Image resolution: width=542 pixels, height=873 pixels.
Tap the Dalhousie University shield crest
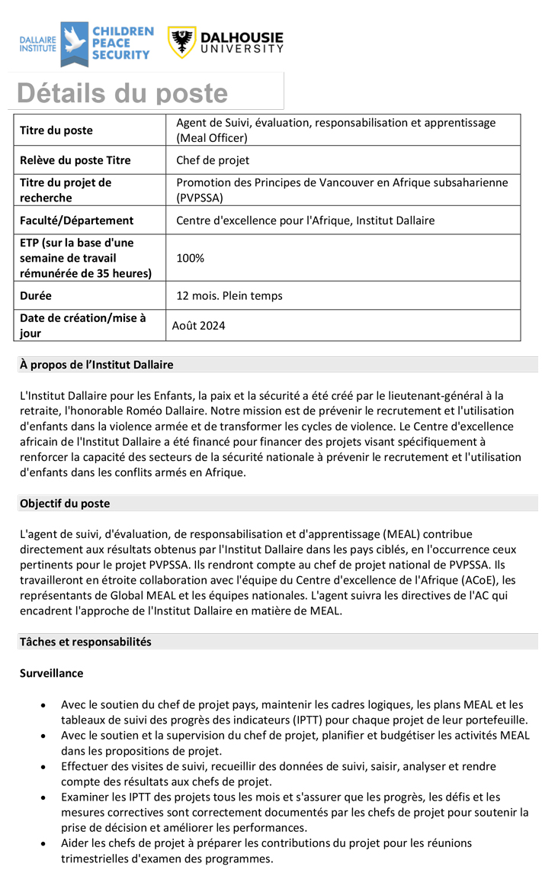tap(182, 43)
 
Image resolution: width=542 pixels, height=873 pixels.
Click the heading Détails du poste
tap(123, 93)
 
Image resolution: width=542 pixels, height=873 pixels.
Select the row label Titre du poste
tap(56, 130)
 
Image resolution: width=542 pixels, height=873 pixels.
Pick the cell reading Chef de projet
tap(213, 160)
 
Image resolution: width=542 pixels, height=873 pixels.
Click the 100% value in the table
tap(191, 258)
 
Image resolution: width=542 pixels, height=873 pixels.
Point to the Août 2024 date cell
tap(198, 326)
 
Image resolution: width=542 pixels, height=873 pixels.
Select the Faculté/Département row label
tap(76, 221)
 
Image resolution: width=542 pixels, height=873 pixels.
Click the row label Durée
tap(36, 295)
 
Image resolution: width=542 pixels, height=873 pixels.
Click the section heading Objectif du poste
tap(65, 504)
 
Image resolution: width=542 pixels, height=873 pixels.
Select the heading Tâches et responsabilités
tap(85, 642)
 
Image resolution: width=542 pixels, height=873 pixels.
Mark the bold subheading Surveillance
tap(52, 674)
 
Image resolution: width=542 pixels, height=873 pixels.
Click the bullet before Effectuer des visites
tap(48, 766)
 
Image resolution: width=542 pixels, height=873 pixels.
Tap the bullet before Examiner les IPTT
tap(48, 797)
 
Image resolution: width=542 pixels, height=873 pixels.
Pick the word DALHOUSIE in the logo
tap(242, 37)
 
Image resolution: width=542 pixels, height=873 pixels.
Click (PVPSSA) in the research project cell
tap(200, 198)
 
